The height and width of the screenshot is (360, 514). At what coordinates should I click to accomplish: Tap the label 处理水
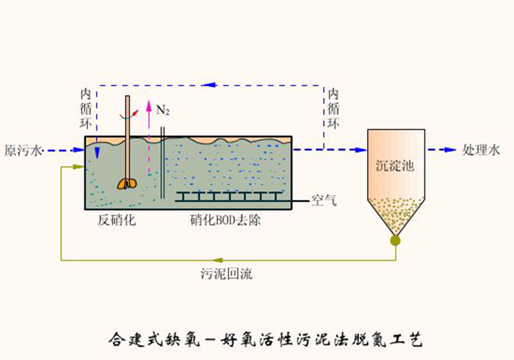pos(481,151)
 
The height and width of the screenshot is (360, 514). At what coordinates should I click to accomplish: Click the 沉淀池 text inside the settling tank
pos(395,165)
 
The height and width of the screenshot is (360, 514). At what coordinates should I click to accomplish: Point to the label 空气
pos(323,201)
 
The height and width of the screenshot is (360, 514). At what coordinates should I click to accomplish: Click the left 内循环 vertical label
pos(86,109)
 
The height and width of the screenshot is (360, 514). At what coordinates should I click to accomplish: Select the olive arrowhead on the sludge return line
pos(218,260)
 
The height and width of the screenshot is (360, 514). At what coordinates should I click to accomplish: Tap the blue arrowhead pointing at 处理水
pos(450,150)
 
